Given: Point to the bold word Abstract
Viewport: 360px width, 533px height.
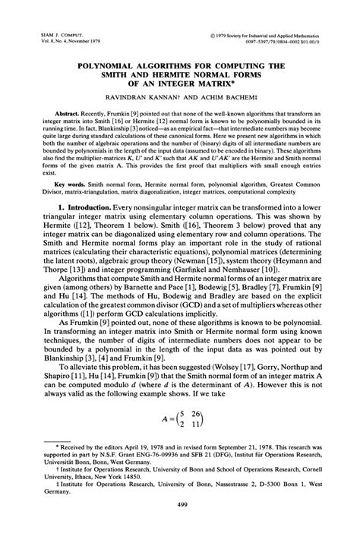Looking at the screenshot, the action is [65, 111].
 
